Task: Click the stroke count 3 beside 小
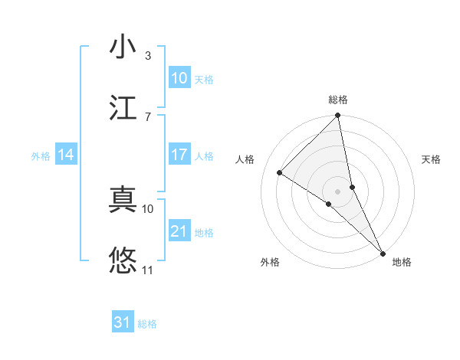tap(148, 56)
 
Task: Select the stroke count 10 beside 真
tap(148, 208)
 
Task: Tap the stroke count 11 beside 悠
tap(148, 270)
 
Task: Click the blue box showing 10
tap(179, 78)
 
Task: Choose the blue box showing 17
tap(179, 155)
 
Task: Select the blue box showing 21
tap(179, 231)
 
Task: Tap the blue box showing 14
tap(66, 155)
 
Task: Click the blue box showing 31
tap(123, 322)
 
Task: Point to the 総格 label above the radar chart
tap(338, 100)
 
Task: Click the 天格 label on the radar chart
tap(431, 159)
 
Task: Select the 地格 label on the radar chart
tap(402, 262)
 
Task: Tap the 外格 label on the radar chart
tap(270, 262)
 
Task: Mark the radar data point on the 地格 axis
tap(383, 253)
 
